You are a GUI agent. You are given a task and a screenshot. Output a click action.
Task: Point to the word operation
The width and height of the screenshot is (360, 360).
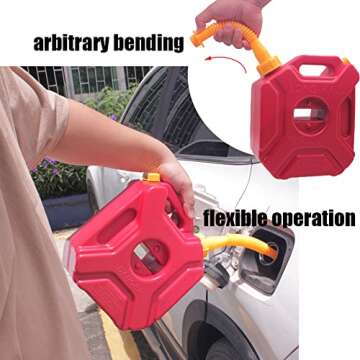coord(314,218)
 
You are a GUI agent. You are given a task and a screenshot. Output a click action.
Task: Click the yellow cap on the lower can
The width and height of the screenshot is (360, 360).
coord(152,178)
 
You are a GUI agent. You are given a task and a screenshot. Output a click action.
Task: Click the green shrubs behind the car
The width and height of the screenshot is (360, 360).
coord(110,100)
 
